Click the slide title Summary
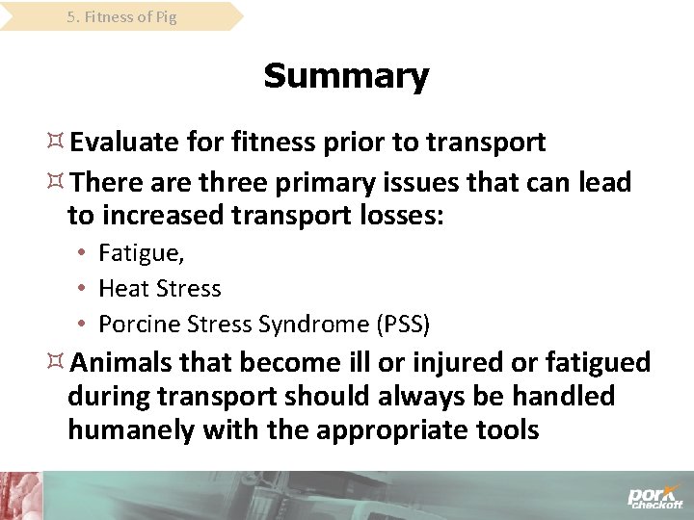pyautogui.click(x=346, y=76)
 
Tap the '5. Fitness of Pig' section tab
pyautogui.click(x=121, y=16)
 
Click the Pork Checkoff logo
pyautogui.click(x=654, y=496)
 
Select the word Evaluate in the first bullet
pyautogui.click(x=124, y=143)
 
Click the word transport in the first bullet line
pyautogui.click(x=486, y=143)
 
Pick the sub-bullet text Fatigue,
pyautogui.click(x=142, y=253)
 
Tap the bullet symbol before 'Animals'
pyautogui.click(x=56, y=362)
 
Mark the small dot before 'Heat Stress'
pyautogui.click(x=84, y=289)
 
